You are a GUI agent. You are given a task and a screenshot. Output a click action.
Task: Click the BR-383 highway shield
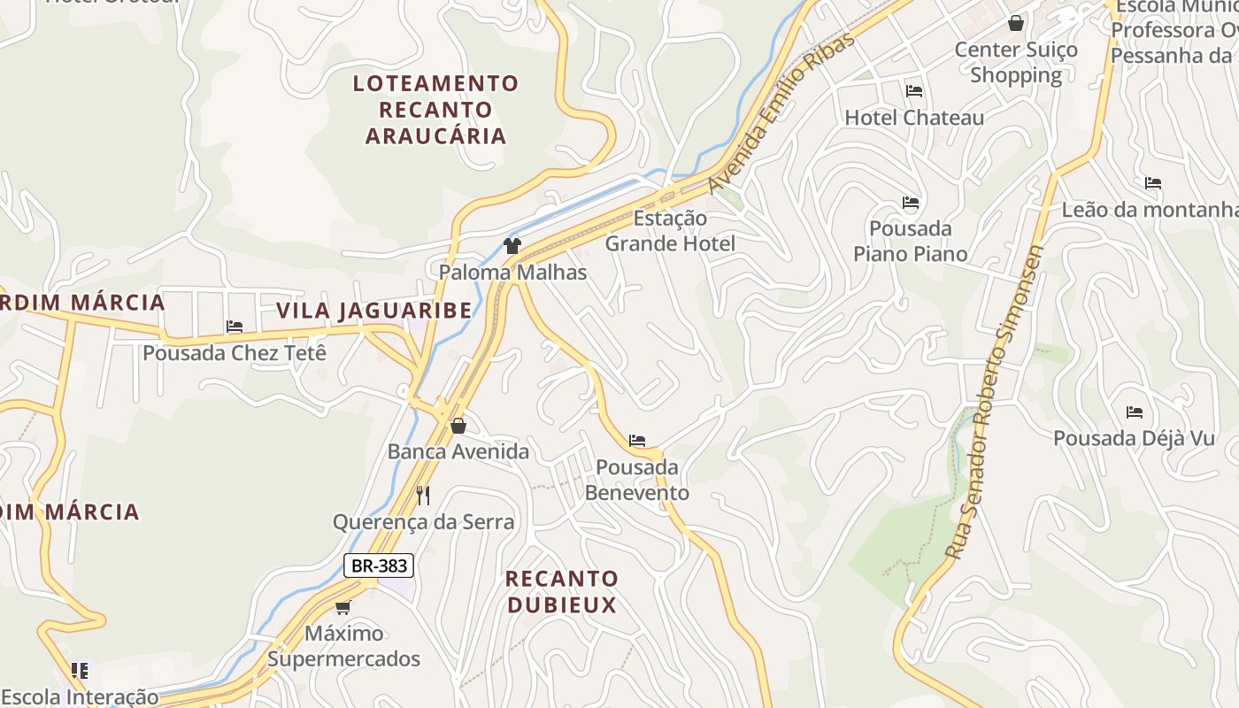click(379, 566)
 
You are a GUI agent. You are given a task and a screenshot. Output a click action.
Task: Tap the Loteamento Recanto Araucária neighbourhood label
click(435, 110)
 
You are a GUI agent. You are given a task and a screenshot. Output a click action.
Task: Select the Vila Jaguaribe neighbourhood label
click(374, 311)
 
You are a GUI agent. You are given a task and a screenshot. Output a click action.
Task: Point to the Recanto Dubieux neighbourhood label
click(561, 592)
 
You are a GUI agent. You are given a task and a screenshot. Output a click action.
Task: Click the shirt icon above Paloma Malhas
click(512, 246)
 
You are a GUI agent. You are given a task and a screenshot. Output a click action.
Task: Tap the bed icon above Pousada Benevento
click(637, 441)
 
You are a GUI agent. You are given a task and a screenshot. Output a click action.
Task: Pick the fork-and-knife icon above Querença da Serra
click(423, 496)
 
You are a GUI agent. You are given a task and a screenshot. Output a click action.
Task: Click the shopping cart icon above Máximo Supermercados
click(343, 607)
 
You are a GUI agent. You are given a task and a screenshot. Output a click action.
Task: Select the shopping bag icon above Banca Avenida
click(458, 426)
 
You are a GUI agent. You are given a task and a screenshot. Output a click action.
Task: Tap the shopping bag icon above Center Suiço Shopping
click(1016, 23)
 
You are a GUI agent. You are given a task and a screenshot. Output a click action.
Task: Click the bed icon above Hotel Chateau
click(914, 91)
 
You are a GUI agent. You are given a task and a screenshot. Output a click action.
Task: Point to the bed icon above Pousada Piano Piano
click(911, 203)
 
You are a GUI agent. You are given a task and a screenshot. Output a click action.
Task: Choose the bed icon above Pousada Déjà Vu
click(1135, 412)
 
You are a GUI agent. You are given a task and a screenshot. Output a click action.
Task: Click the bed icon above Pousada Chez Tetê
click(235, 327)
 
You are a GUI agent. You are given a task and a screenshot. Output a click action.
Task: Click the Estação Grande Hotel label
click(670, 231)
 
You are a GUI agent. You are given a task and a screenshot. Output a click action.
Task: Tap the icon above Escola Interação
click(80, 671)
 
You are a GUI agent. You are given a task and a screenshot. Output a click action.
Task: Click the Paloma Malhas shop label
click(513, 273)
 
